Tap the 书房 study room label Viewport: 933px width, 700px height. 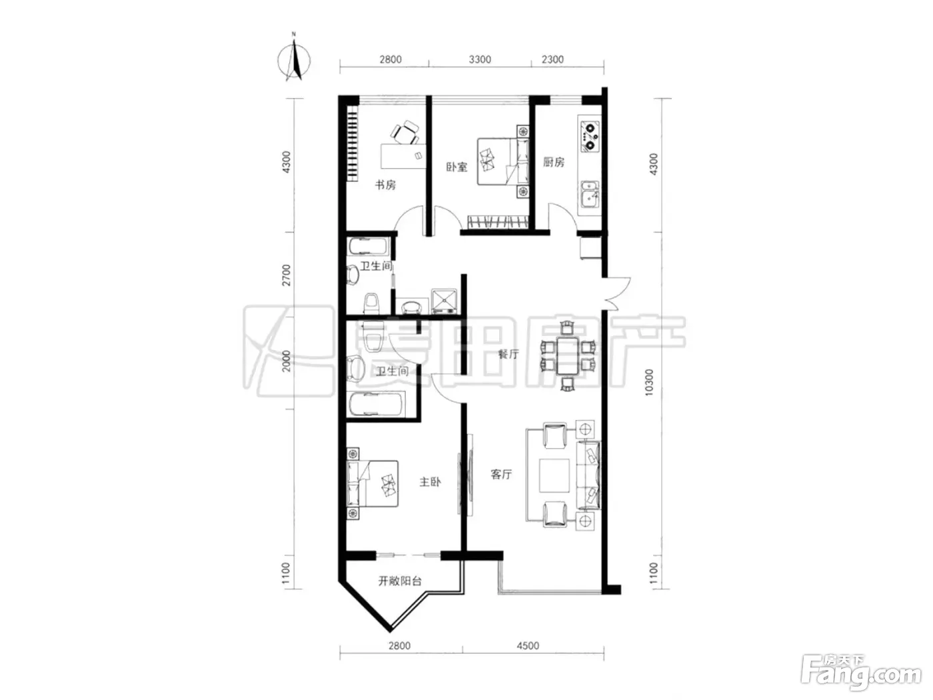click(385, 185)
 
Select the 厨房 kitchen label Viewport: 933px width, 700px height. click(553, 163)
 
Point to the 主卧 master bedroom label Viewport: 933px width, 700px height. click(430, 482)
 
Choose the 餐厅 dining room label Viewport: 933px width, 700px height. click(508, 354)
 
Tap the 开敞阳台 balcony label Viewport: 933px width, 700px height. click(399, 581)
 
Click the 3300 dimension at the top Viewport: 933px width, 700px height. click(480, 59)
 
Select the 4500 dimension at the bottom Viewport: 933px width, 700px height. click(528, 646)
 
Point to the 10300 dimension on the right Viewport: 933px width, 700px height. click(648, 383)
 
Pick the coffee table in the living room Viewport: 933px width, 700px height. click(554, 475)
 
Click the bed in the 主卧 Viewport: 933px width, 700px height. click(373, 484)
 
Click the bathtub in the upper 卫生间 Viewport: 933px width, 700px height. click(369, 247)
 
